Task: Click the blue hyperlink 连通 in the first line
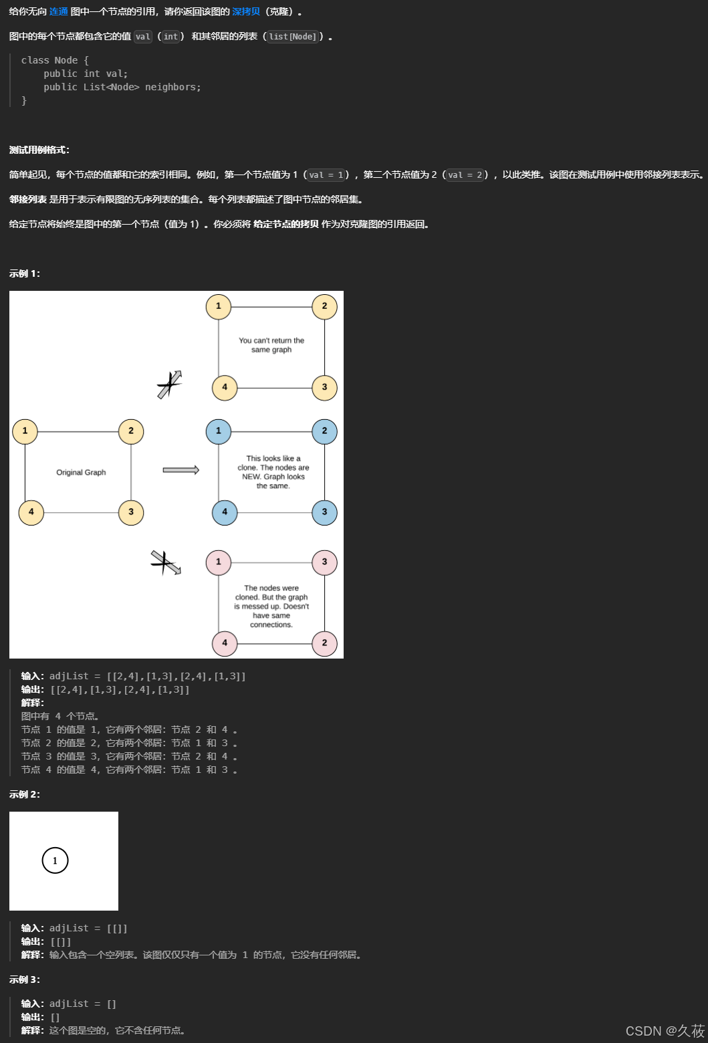click(59, 12)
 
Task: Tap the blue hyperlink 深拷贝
click(246, 12)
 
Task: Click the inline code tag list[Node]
click(293, 37)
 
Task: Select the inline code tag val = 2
click(465, 175)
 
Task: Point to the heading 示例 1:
click(25, 273)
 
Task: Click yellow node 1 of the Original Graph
click(25, 431)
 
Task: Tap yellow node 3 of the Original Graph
click(131, 512)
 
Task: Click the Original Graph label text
click(81, 472)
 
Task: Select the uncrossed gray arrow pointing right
click(181, 470)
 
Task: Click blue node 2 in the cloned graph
click(324, 431)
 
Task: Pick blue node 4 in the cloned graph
click(225, 512)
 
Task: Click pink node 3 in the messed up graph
click(324, 562)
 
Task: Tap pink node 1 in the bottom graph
click(219, 562)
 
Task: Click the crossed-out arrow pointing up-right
click(170, 384)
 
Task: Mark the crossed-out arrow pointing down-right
click(166, 563)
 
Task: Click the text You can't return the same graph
click(271, 345)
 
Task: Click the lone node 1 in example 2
click(55, 860)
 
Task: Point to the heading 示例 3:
click(25, 979)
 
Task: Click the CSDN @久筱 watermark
click(665, 1030)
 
